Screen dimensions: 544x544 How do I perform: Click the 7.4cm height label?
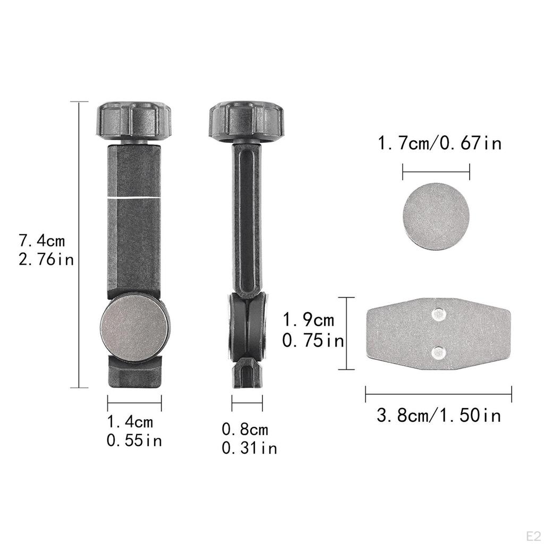41,241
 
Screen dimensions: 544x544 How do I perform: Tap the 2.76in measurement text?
46,259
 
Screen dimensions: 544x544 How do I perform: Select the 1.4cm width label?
130,422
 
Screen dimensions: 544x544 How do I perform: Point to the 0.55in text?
134,440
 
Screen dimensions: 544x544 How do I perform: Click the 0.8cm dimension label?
245,429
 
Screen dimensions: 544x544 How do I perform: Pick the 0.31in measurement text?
250,448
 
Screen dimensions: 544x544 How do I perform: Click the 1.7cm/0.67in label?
439,143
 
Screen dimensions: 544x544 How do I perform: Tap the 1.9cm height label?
309,320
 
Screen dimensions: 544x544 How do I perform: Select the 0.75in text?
313,341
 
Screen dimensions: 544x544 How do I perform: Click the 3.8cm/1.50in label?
439,415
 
